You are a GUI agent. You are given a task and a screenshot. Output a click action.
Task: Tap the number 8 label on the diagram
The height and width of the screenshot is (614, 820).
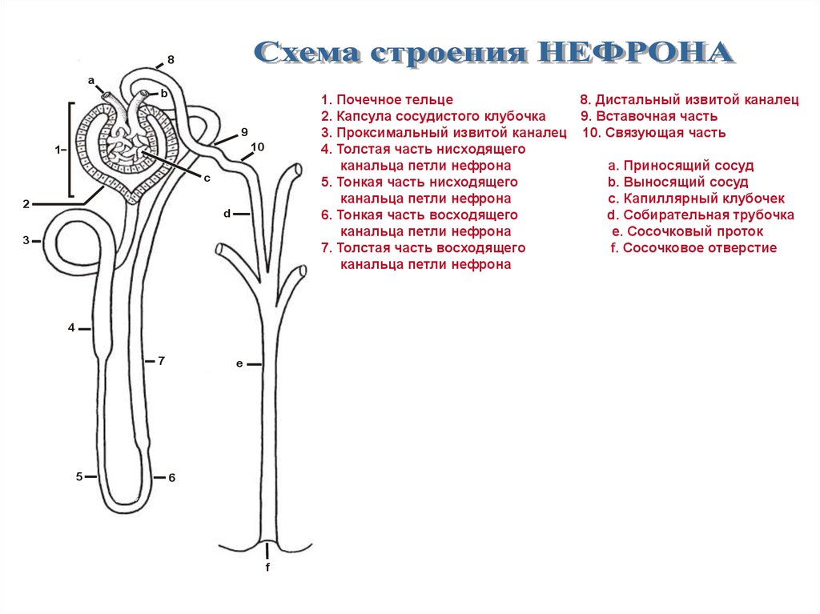tap(171, 60)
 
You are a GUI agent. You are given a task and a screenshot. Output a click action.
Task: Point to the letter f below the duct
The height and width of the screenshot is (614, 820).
tap(267, 568)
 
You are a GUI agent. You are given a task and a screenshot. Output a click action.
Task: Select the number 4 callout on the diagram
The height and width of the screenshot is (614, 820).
tap(71, 327)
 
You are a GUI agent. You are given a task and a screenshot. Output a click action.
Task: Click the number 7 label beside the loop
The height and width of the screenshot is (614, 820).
tap(161, 361)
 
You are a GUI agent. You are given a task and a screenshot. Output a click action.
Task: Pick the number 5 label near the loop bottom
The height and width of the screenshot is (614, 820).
tap(79, 476)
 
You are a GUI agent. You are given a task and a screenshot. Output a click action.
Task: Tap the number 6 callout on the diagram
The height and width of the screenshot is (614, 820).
tap(171, 478)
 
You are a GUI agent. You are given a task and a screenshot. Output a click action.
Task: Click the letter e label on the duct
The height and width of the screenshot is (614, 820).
tap(239, 364)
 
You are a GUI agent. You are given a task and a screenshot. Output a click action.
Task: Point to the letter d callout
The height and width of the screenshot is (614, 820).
tap(227, 214)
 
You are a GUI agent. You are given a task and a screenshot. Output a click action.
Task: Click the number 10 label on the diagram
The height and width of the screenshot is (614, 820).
tap(257, 146)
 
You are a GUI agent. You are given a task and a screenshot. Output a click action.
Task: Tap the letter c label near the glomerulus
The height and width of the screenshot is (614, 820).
tap(207, 178)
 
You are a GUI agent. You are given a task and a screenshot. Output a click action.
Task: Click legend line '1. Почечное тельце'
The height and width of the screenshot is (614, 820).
tap(387, 100)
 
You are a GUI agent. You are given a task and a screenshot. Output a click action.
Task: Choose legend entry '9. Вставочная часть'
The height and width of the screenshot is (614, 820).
tap(643, 116)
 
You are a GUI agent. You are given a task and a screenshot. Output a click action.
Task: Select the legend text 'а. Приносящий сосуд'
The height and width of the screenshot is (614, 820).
tap(681, 166)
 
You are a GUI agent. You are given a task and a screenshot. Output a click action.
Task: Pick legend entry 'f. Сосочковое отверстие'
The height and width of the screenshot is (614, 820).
tap(693, 248)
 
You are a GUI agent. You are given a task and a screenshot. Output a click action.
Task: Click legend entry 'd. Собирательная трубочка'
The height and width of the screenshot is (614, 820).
tap(701, 215)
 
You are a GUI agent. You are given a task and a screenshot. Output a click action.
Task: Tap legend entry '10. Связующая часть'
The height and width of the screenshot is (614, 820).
tap(654, 133)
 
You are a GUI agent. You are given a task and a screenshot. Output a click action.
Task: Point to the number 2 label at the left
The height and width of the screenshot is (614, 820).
tap(26, 204)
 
